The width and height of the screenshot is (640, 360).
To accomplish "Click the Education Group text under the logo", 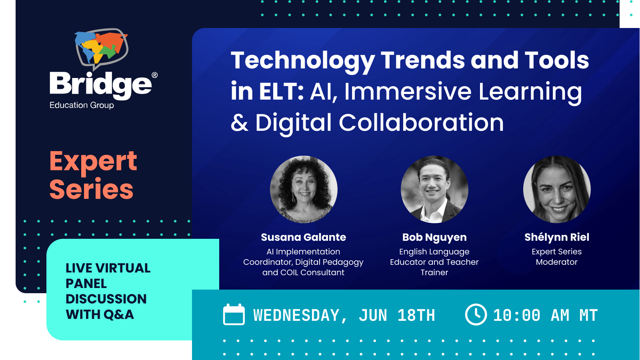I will pos(82,105).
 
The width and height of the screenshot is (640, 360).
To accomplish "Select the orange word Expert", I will pos(93,162).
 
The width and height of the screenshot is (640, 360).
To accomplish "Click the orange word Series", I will pos(91,189).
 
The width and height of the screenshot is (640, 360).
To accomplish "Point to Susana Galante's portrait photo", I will pos(304,189).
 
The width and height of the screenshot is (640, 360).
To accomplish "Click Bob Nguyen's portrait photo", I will pos(434,189).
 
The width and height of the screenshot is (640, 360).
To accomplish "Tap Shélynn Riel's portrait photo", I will pos(557,189).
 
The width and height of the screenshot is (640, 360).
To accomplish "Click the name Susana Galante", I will pos(304,237).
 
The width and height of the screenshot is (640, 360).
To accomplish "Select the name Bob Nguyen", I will pos(434,237).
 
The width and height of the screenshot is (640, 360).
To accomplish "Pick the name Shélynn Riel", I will pos(557,237).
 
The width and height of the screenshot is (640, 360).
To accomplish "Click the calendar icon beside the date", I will pos(234,315).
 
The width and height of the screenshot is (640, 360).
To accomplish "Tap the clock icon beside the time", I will pos(476,314).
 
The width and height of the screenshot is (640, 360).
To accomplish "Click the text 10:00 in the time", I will pos(516,316).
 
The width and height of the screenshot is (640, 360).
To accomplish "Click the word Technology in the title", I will pos(302,60).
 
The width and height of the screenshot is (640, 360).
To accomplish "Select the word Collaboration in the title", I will pos(421,122).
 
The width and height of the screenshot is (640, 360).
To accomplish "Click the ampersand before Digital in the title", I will pos(240,123).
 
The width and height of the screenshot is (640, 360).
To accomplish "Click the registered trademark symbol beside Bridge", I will pos(155,75).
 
